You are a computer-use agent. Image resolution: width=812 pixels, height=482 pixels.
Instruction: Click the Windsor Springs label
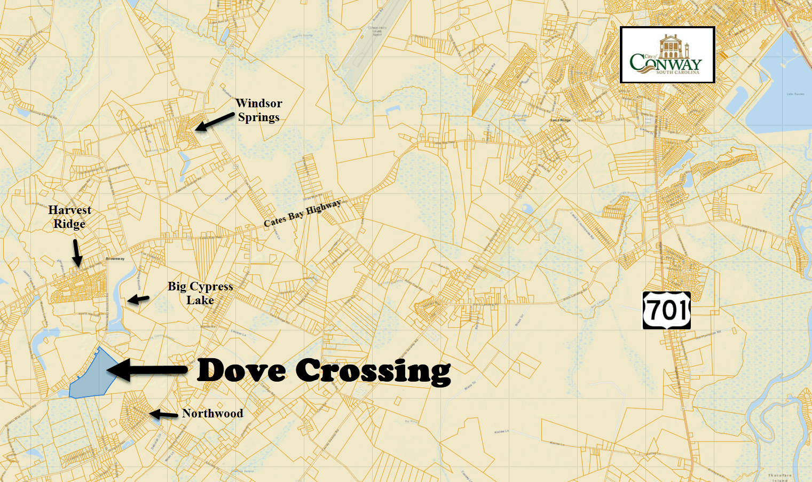click(259, 110)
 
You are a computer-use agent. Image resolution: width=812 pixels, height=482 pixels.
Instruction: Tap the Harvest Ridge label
click(69, 217)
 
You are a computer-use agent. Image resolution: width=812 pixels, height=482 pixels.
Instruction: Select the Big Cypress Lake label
click(200, 293)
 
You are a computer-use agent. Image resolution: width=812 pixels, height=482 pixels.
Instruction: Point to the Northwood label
click(212, 413)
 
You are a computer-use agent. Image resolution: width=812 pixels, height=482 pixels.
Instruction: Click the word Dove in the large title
click(241, 370)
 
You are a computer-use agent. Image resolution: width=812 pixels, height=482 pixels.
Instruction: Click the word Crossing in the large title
click(373, 371)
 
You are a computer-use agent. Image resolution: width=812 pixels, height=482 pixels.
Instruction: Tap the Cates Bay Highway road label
click(302, 213)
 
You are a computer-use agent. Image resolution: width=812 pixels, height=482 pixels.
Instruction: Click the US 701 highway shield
click(666, 310)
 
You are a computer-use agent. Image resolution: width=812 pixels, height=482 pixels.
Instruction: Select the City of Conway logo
click(667, 55)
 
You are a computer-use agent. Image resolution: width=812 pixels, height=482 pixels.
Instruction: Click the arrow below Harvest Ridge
click(76, 252)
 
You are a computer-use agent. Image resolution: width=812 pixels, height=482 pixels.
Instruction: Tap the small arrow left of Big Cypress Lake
click(138, 299)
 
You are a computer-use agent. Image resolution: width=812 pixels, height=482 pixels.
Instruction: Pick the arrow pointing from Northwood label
click(163, 414)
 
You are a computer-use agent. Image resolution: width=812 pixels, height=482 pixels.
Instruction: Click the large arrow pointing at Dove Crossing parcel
click(147, 369)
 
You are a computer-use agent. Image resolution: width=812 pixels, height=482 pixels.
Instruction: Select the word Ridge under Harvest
click(69, 224)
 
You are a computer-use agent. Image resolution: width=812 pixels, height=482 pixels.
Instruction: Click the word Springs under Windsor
click(259, 117)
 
